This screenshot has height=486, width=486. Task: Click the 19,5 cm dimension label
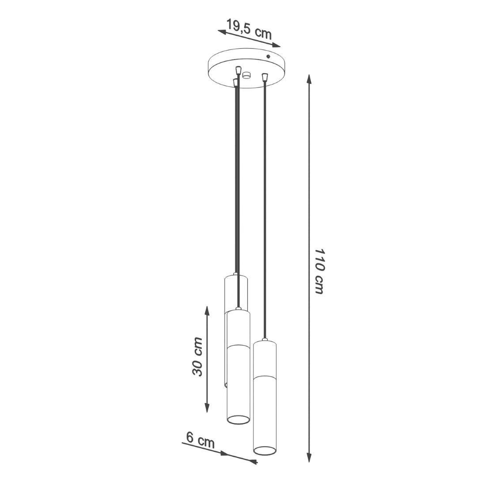coord(249,28)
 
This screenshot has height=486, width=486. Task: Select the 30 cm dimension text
coord(197,357)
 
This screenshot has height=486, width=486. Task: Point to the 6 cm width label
coord(200,440)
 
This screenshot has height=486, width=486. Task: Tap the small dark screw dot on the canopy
coord(268,57)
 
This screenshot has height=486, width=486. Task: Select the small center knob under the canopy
coord(247,75)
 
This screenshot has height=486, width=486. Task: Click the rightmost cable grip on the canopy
coord(265,77)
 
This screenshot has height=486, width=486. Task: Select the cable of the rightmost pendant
coord(265,199)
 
